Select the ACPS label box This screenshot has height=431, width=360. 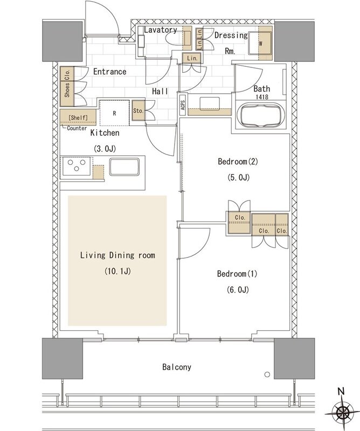[x=183, y=105]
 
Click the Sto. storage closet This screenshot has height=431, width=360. [x=139, y=110]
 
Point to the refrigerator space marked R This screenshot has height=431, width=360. [x=114, y=113]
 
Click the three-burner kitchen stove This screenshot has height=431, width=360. [x=77, y=166]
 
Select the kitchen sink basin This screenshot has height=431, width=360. [x=124, y=166]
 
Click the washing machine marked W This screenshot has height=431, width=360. [x=260, y=44]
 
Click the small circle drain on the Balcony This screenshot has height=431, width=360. [x=267, y=374]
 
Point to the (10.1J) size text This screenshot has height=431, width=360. [x=117, y=272]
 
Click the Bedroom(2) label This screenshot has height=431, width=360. [x=238, y=161]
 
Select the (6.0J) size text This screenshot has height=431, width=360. [x=238, y=289]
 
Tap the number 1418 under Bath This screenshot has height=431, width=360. [x=262, y=97]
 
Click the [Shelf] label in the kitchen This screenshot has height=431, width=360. [x=78, y=117]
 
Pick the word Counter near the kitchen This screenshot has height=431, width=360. [x=77, y=128]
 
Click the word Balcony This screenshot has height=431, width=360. [x=177, y=367]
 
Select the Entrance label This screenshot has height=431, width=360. [x=110, y=72]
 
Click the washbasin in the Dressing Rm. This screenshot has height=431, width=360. [x=210, y=104]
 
